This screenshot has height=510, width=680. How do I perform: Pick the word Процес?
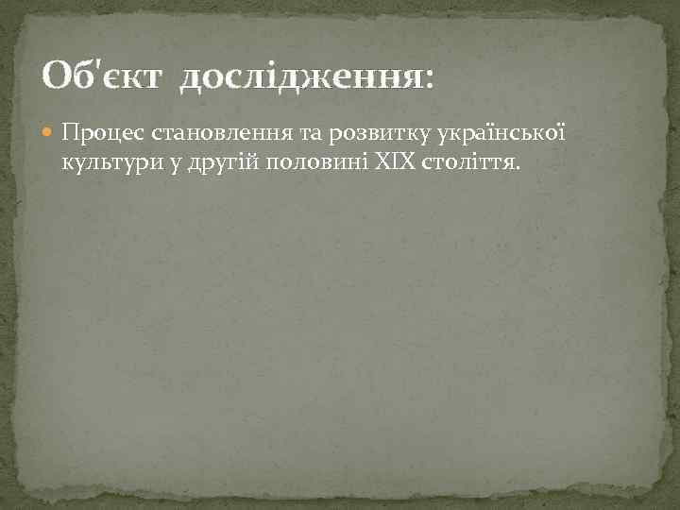tap(95, 130)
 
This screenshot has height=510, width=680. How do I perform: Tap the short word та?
tap(280, 130)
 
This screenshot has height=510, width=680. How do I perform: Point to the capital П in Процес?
tap(69, 130)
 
